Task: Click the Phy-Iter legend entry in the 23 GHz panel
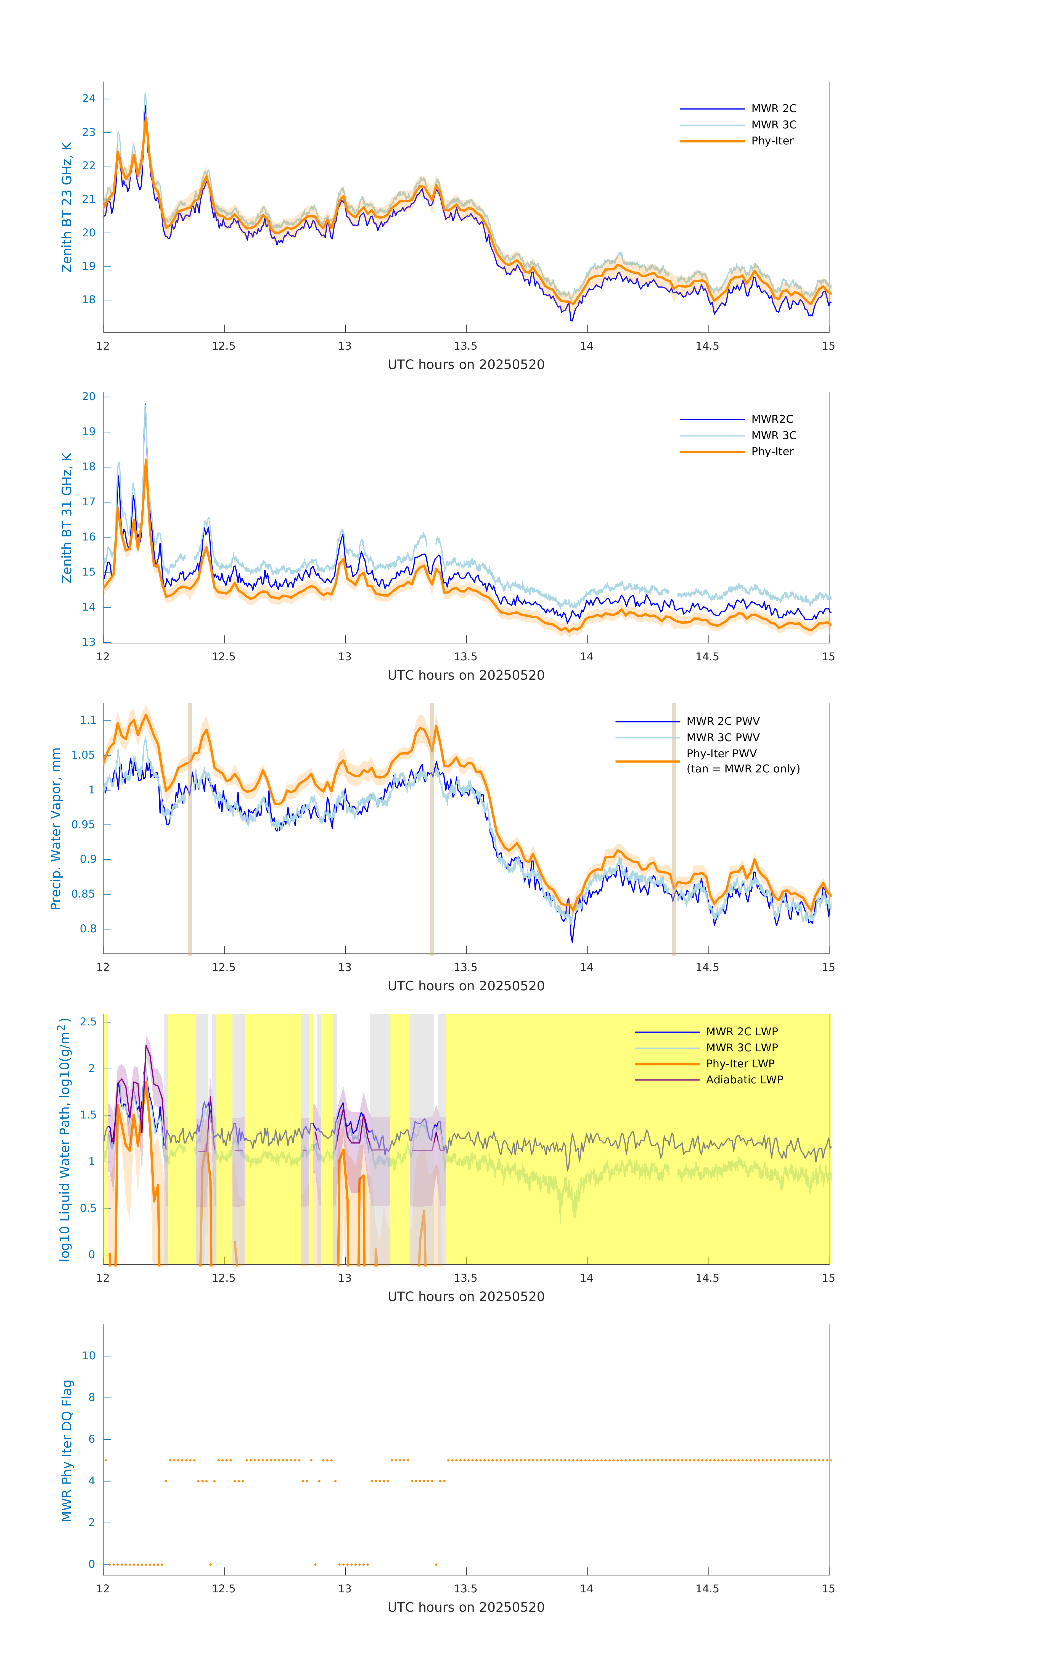tap(772, 141)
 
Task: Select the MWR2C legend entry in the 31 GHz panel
tap(772, 419)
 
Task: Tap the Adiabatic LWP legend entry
tap(744, 1080)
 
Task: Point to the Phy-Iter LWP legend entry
tap(740, 1064)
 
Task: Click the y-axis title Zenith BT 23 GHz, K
tap(67, 207)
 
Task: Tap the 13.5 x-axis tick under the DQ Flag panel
tap(466, 1589)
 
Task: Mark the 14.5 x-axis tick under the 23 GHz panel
tap(707, 346)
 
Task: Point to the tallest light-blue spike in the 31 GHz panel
tap(145, 406)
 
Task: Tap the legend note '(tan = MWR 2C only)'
tap(743, 769)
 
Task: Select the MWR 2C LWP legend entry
tap(742, 1031)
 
